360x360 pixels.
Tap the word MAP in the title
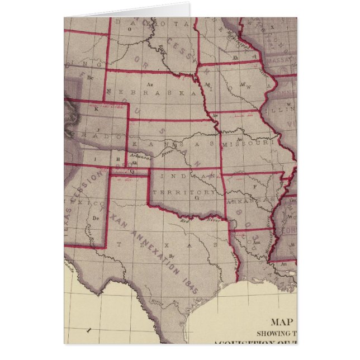pyautogui.click(x=283, y=321)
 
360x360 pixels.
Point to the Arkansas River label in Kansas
pyautogui.click(x=140, y=157)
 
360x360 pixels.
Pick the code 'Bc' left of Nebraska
pyautogui.click(x=90, y=78)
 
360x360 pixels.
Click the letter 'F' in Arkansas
pyautogui.click(x=254, y=186)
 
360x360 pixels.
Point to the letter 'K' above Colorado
pyautogui.click(x=96, y=110)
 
